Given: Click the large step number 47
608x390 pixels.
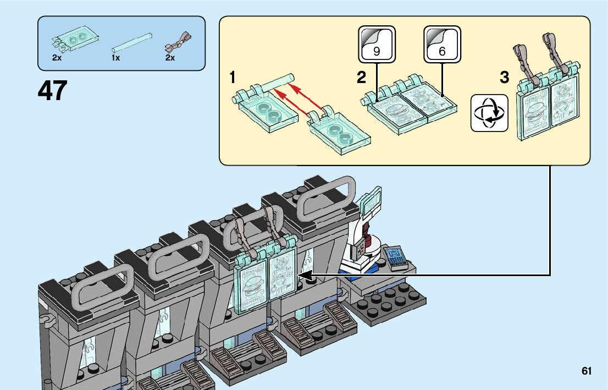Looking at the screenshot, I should click(x=53, y=91).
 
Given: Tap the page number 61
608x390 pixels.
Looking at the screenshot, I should click(x=587, y=371).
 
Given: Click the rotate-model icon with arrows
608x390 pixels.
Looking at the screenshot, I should click(x=489, y=112).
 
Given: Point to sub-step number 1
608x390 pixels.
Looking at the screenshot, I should click(x=233, y=78).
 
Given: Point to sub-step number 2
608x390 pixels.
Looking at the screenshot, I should click(x=361, y=78).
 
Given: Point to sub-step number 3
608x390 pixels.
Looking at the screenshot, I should click(x=504, y=78).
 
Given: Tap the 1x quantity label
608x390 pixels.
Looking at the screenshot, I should click(x=115, y=57).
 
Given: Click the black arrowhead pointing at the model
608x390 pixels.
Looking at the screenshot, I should click(x=303, y=275).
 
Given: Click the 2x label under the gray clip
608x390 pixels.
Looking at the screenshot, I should click(x=170, y=57).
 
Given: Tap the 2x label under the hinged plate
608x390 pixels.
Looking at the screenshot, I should click(x=57, y=57).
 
